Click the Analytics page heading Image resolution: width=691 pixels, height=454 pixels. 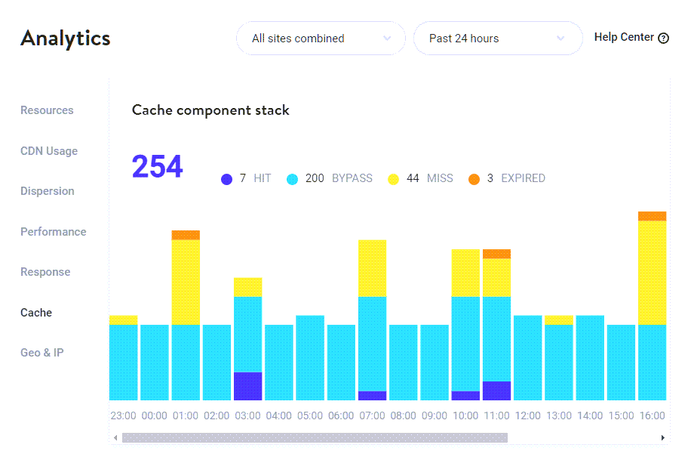click(x=66, y=39)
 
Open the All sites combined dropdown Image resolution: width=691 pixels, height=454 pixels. click(x=321, y=39)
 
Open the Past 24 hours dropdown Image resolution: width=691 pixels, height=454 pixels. click(x=497, y=39)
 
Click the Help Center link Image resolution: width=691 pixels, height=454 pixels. click(x=631, y=38)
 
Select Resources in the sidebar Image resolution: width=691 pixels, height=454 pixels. click(x=47, y=110)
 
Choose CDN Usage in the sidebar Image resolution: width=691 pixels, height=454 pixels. click(x=49, y=151)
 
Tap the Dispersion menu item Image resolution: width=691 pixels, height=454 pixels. click(x=48, y=191)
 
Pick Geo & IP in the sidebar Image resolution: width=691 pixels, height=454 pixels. click(x=41, y=353)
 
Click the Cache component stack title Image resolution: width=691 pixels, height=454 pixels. click(x=210, y=110)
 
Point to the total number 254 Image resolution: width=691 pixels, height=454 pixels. click(x=157, y=167)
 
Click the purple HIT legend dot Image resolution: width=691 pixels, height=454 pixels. click(x=226, y=179)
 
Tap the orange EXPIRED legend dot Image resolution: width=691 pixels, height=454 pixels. click(x=474, y=179)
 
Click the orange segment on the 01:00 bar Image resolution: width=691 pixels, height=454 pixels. click(x=186, y=235)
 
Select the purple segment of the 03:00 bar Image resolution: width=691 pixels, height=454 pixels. click(x=247, y=386)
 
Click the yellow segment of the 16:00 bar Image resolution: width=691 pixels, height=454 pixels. click(x=652, y=272)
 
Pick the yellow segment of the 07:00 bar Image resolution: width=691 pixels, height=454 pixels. click(x=372, y=268)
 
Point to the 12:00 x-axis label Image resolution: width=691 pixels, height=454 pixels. click(x=527, y=416)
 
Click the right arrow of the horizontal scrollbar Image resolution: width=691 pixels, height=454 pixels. click(x=662, y=437)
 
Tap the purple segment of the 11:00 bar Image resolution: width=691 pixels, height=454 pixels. click(x=496, y=391)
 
